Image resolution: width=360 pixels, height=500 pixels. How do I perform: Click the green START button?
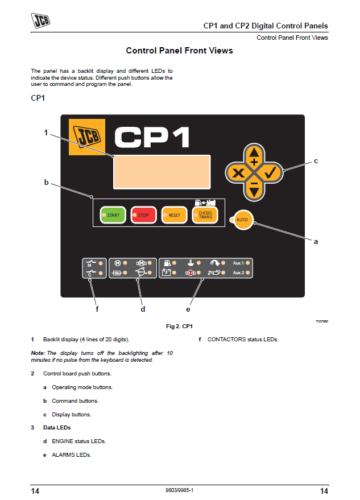tap(113, 215)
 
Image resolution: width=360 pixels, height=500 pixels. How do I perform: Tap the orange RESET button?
tap(173, 215)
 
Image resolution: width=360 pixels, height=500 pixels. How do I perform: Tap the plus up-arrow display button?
tap(254, 156)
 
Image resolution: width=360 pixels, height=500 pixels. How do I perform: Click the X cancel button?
tap(238, 172)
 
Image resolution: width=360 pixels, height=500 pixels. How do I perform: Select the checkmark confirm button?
tap(270, 172)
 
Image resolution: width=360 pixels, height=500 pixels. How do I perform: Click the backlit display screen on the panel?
tap(162, 171)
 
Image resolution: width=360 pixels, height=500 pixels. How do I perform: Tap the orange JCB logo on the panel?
tap(86, 137)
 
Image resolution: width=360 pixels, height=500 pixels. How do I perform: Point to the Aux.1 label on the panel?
tap(238, 263)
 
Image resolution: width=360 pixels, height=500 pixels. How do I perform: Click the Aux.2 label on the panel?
tap(238, 273)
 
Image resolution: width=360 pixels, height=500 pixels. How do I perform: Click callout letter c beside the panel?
tap(316, 161)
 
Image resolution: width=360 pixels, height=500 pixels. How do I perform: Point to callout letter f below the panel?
tap(97, 309)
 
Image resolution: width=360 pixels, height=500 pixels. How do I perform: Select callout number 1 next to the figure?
tap(46, 133)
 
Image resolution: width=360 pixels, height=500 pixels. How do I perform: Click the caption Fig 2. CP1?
tap(180, 327)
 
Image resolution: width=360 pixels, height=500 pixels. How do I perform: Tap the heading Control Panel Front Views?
tap(179, 51)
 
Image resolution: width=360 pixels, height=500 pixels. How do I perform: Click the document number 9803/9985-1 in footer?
tap(180, 490)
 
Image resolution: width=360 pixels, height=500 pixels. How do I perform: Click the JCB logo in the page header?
tap(40, 22)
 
